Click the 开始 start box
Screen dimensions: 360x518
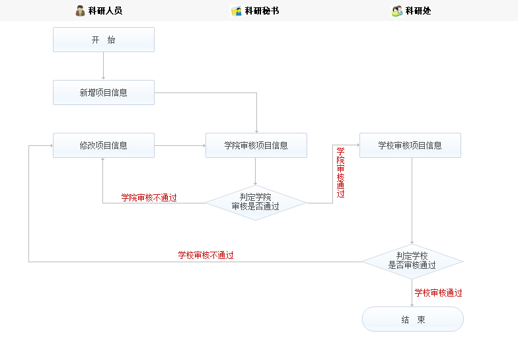click(x=104, y=40)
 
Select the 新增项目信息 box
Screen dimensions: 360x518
click(x=104, y=92)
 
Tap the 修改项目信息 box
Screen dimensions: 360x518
click(x=104, y=145)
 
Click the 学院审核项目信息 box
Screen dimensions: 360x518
click(x=256, y=145)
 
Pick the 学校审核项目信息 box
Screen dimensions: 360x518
click(x=410, y=145)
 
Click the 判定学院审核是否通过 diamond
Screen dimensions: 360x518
click(x=256, y=202)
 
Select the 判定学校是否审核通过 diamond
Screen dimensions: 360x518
click(x=412, y=261)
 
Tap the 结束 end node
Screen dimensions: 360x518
click(x=412, y=320)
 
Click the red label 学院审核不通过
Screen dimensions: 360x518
click(x=149, y=198)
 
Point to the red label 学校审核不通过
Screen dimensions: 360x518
click(x=205, y=255)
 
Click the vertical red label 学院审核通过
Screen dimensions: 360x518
click(x=340, y=172)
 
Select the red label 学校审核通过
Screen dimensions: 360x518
click(x=438, y=293)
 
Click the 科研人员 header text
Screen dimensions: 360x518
click(x=105, y=11)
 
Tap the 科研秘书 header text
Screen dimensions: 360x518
click(x=262, y=11)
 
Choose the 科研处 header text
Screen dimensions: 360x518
click(x=418, y=11)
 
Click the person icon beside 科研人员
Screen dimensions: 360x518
click(x=80, y=11)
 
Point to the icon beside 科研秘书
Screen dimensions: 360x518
click(x=236, y=11)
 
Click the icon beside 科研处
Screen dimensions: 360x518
click(x=396, y=11)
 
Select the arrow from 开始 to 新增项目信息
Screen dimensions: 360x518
click(x=104, y=66)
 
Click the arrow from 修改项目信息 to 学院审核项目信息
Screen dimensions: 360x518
click(x=180, y=145)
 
